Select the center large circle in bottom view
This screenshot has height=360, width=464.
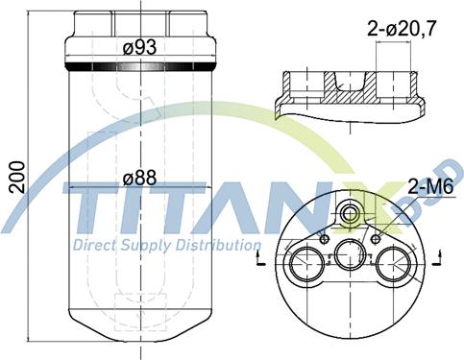click(x=350, y=254)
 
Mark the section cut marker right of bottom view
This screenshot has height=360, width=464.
click(x=438, y=254)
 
